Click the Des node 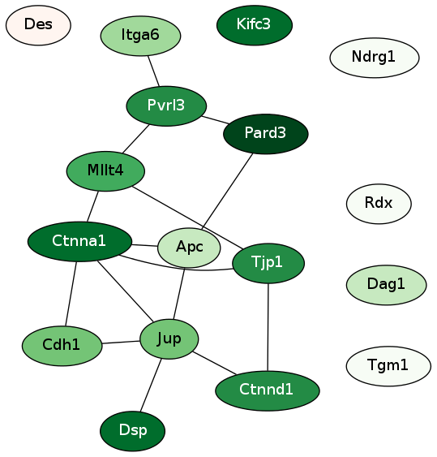38,25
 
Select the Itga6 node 140,36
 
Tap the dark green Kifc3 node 255,25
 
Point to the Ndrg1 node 375,58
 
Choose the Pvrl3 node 166,106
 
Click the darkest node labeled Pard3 265,134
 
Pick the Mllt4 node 105,171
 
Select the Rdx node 379,204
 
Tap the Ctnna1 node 79,242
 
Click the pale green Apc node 189,248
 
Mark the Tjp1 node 268,263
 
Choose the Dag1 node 387,285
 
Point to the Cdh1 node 62,346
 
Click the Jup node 169,339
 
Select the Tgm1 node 388,366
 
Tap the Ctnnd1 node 268,390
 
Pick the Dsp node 132,431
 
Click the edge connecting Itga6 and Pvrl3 153,71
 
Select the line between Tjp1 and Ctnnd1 268,327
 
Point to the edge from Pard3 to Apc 227,191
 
